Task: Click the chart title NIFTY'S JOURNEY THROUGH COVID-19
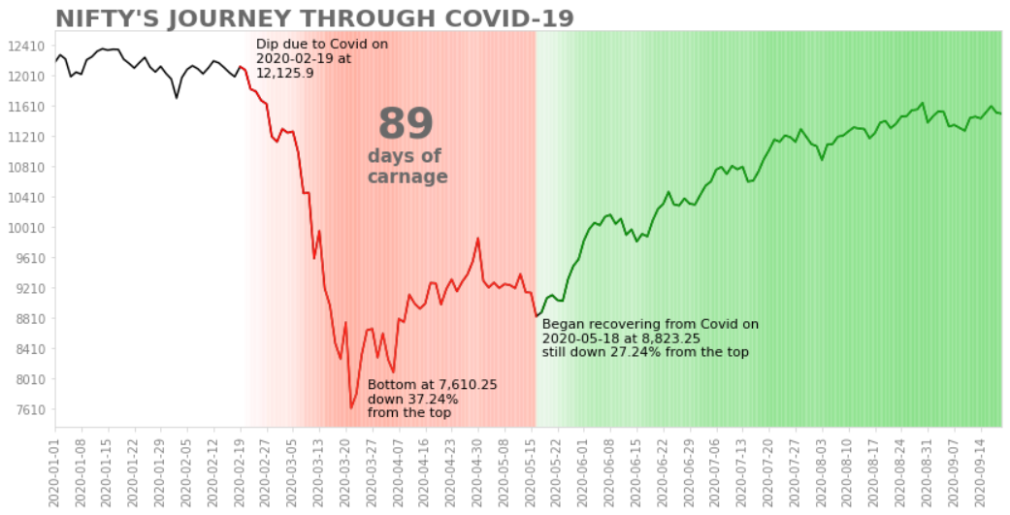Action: (314, 18)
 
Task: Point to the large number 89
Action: (406, 125)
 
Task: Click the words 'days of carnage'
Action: (407, 166)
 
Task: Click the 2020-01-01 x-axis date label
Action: (55, 471)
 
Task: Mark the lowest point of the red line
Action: (350, 407)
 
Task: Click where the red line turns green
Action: (536, 316)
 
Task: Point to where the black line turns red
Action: (241, 66)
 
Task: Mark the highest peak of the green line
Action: (922, 103)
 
